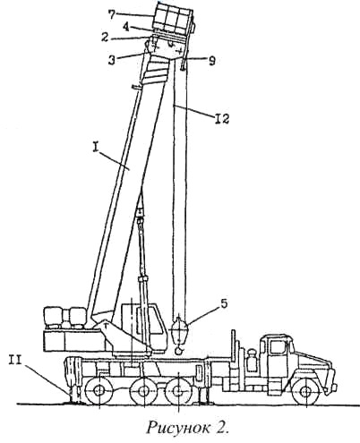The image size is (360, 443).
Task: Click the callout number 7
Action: [x=111, y=15]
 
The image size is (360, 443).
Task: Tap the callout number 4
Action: [x=126, y=27]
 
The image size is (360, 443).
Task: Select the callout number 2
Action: [x=104, y=38]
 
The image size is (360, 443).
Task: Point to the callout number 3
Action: [x=112, y=60]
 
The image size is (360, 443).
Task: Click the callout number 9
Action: [x=211, y=61]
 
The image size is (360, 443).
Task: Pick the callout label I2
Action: [x=221, y=119]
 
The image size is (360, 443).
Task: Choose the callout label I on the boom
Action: [x=95, y=149]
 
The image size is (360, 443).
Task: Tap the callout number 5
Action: [x=224, y=303]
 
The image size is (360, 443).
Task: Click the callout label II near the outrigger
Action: [x=14, y=361]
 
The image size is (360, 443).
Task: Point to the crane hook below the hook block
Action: [x=179, y=350]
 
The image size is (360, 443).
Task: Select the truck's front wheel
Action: [x=305, y=391]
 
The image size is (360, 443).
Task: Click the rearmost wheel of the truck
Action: [x=98, y=391]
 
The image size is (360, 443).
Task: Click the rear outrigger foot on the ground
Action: [x=74, y=401]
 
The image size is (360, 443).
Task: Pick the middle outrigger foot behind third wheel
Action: [x=203, y=402]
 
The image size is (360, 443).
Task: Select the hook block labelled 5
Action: [x=178, y=330]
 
